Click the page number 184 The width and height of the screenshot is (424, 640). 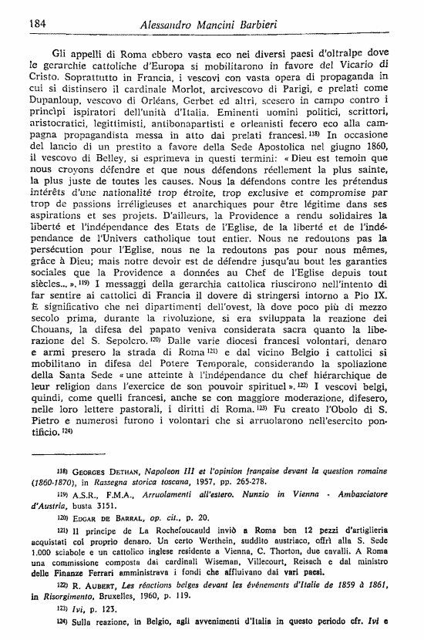tap(29, 23)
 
